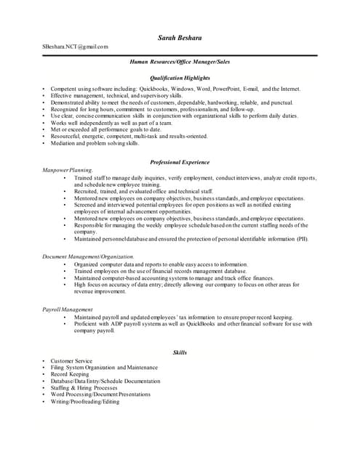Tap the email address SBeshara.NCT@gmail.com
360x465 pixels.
[x=75, y=46]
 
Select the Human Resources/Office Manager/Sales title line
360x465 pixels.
[x=179, y=63]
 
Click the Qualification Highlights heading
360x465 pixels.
[x=179, y=76]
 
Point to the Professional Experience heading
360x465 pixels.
[x=179, y=161]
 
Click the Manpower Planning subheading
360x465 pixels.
[x=68, y=169]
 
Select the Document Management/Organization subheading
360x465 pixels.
[x=88, y=257]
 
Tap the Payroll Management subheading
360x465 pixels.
[x=67, y=310]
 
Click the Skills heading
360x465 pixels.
[x=180, y=352]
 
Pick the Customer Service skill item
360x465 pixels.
[x=71, y=361]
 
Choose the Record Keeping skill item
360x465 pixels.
[x=69, y=374]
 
